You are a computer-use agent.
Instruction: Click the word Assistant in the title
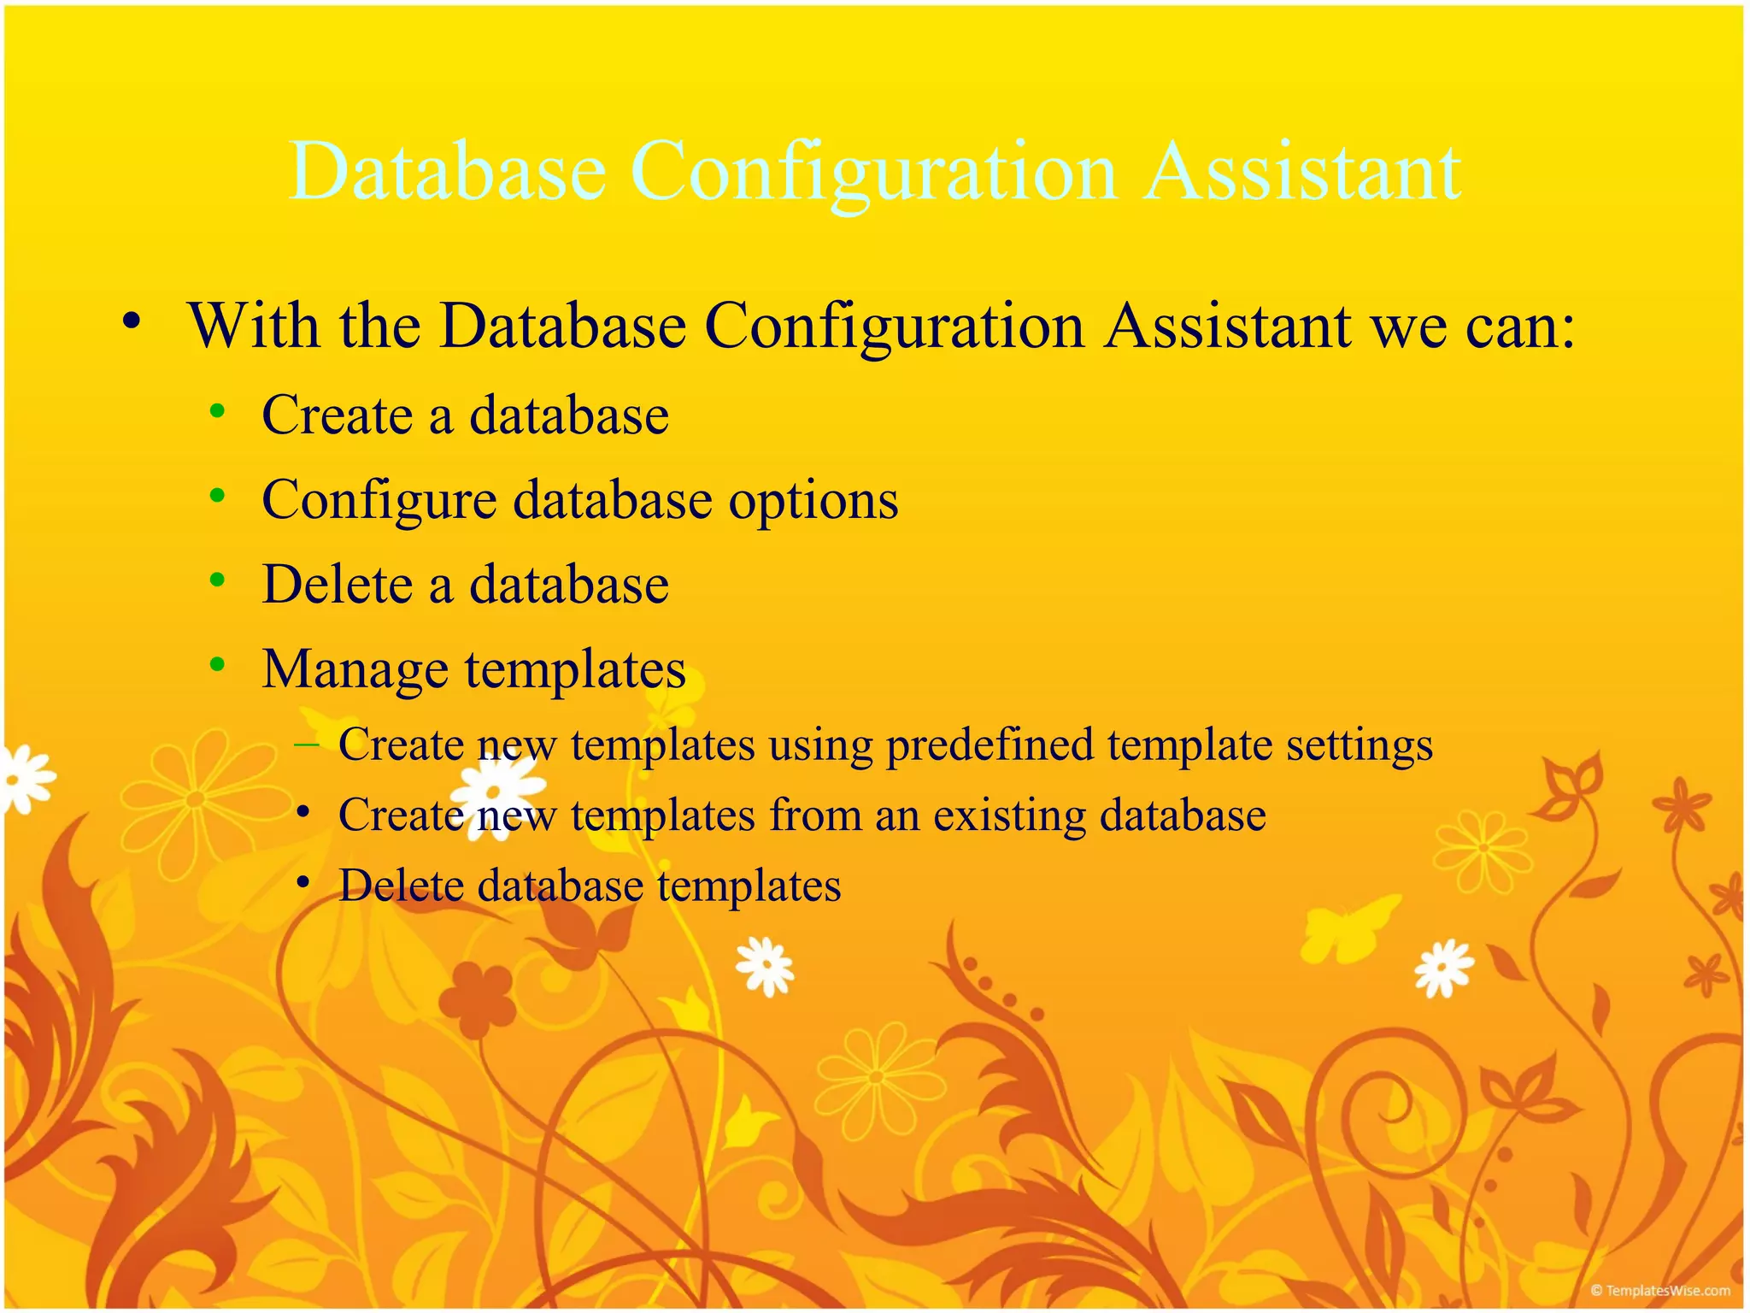click(x=1302, y=173)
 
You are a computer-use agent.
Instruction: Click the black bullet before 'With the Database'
click(x=131, y=322)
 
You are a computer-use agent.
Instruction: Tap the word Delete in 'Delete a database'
click(x=337, y=585)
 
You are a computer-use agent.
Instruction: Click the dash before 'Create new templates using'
click(x=306, y=745)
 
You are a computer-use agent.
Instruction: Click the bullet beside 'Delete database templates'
click(x=303, y=882)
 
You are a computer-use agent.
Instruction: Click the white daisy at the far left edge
click(x=26, y=778)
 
